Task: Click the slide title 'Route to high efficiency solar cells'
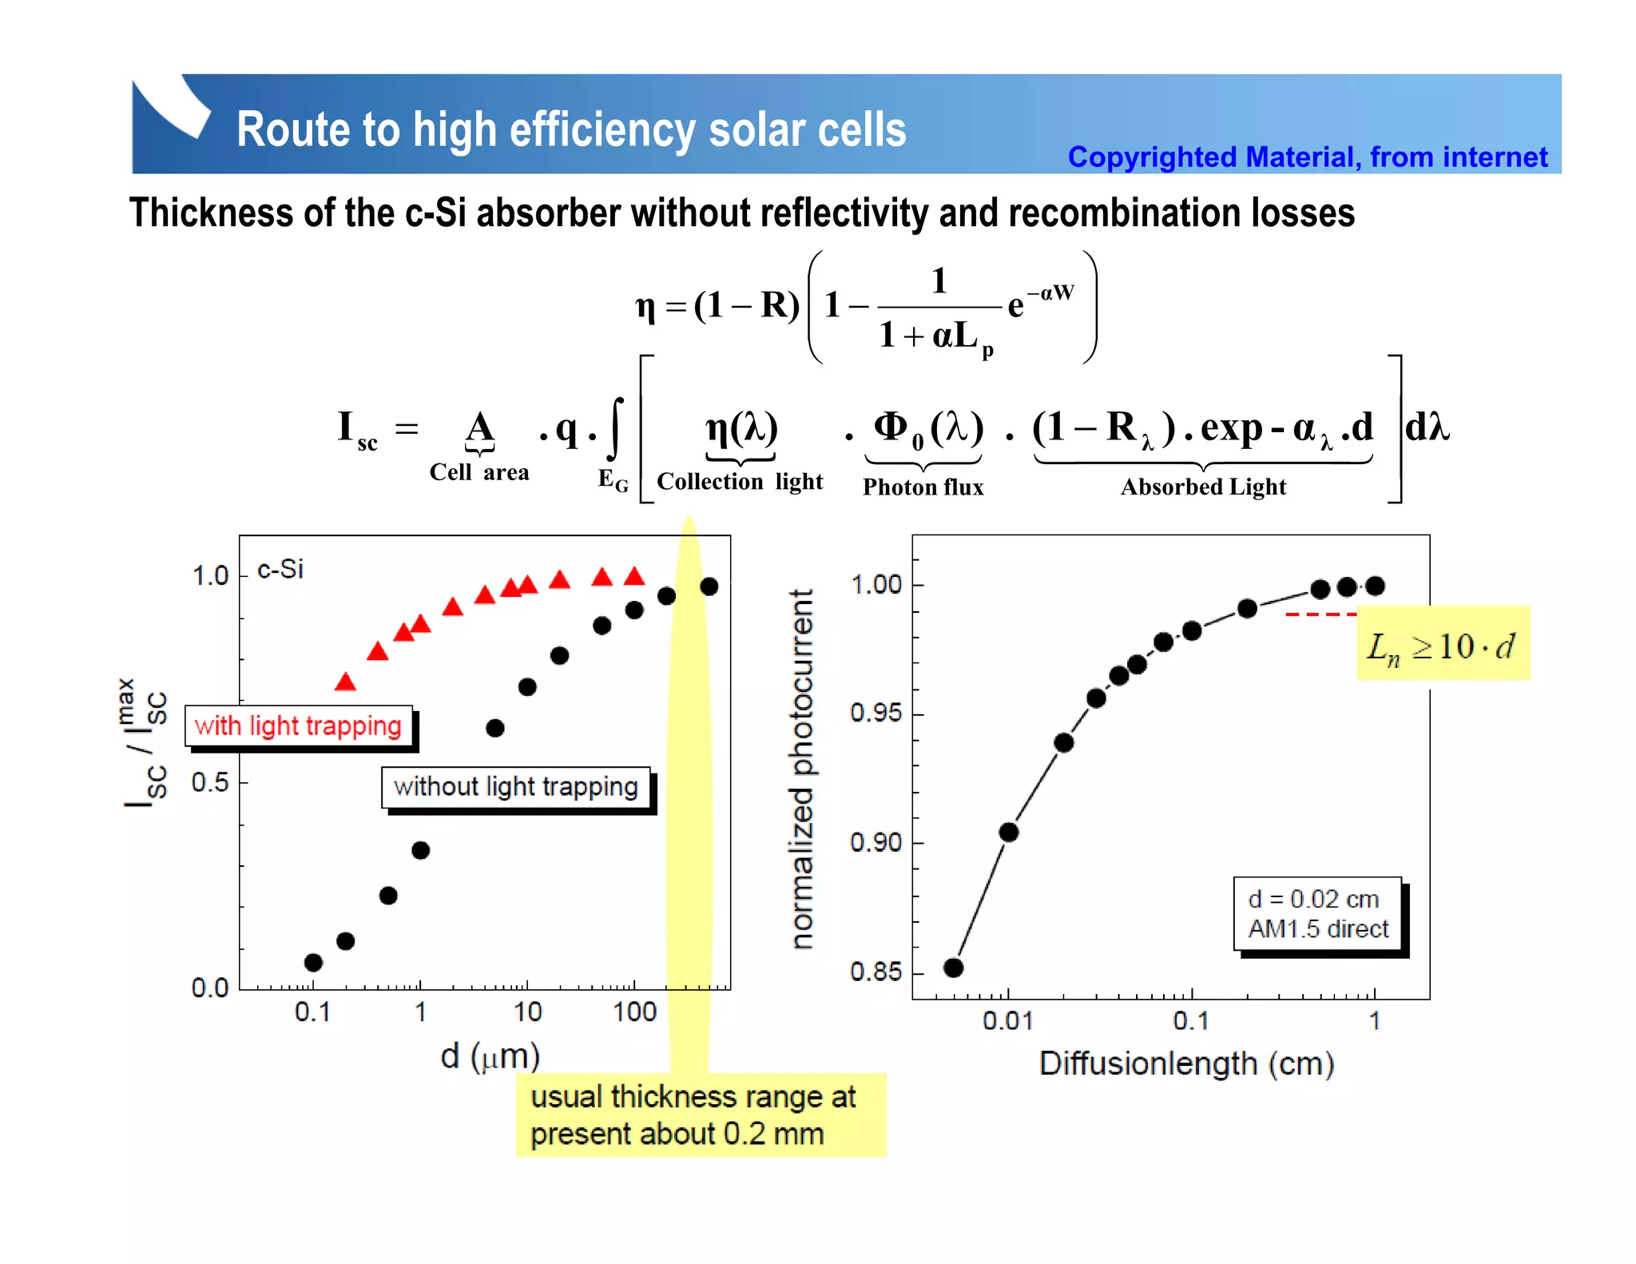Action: (571, 129)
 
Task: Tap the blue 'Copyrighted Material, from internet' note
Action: (1307, 157)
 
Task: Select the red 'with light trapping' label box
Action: (298, 725)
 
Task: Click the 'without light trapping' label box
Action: (516, 787)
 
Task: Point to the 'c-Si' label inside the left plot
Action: (280, 569)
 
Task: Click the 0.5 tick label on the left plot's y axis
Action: (210, 782)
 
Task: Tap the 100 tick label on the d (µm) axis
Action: (634, 1012)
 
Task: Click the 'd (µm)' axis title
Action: (490, 1056)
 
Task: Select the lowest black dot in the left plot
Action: (313, 963)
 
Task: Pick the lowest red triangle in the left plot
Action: (345, 682)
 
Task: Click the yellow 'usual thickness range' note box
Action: (700, 1115)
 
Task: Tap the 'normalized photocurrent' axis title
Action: (801, 769)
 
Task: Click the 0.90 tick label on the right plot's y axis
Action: (876, 842)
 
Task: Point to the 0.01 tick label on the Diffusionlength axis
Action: (1007, 1021)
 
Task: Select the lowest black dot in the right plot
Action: (953, 968)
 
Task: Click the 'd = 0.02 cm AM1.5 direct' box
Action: (1318, 914)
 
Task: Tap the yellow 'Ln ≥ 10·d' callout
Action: (1442, 644)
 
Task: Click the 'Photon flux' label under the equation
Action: (923, 487)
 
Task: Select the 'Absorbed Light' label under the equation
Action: (1203, 487)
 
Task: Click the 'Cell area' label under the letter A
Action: (479, 472)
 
